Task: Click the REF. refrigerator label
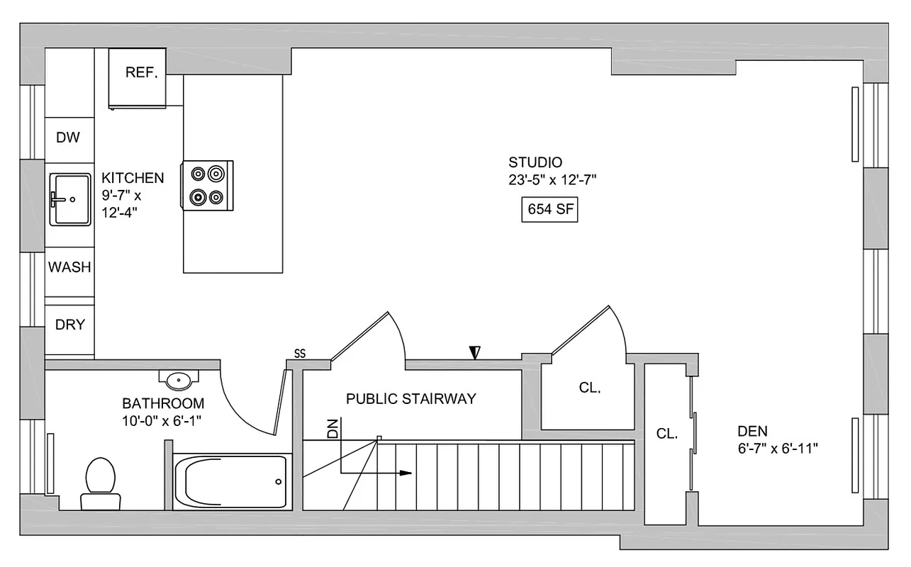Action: [141, 72]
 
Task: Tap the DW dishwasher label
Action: [69, 137]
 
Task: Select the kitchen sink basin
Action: [69, 199]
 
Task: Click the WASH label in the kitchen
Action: [69, 267]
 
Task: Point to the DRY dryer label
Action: [69, 325]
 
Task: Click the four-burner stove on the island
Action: [207, 185]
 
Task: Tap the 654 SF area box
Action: [549, 210]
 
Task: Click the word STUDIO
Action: [535, 162]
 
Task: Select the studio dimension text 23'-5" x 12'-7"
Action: [552, 180]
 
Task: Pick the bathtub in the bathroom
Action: [231, 482]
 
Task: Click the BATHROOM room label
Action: [163, 403]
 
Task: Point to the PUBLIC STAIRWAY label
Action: [410, 399]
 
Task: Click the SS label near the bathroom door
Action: [300, 354]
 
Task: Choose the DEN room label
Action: [752, 431]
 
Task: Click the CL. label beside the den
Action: [666, 434]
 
